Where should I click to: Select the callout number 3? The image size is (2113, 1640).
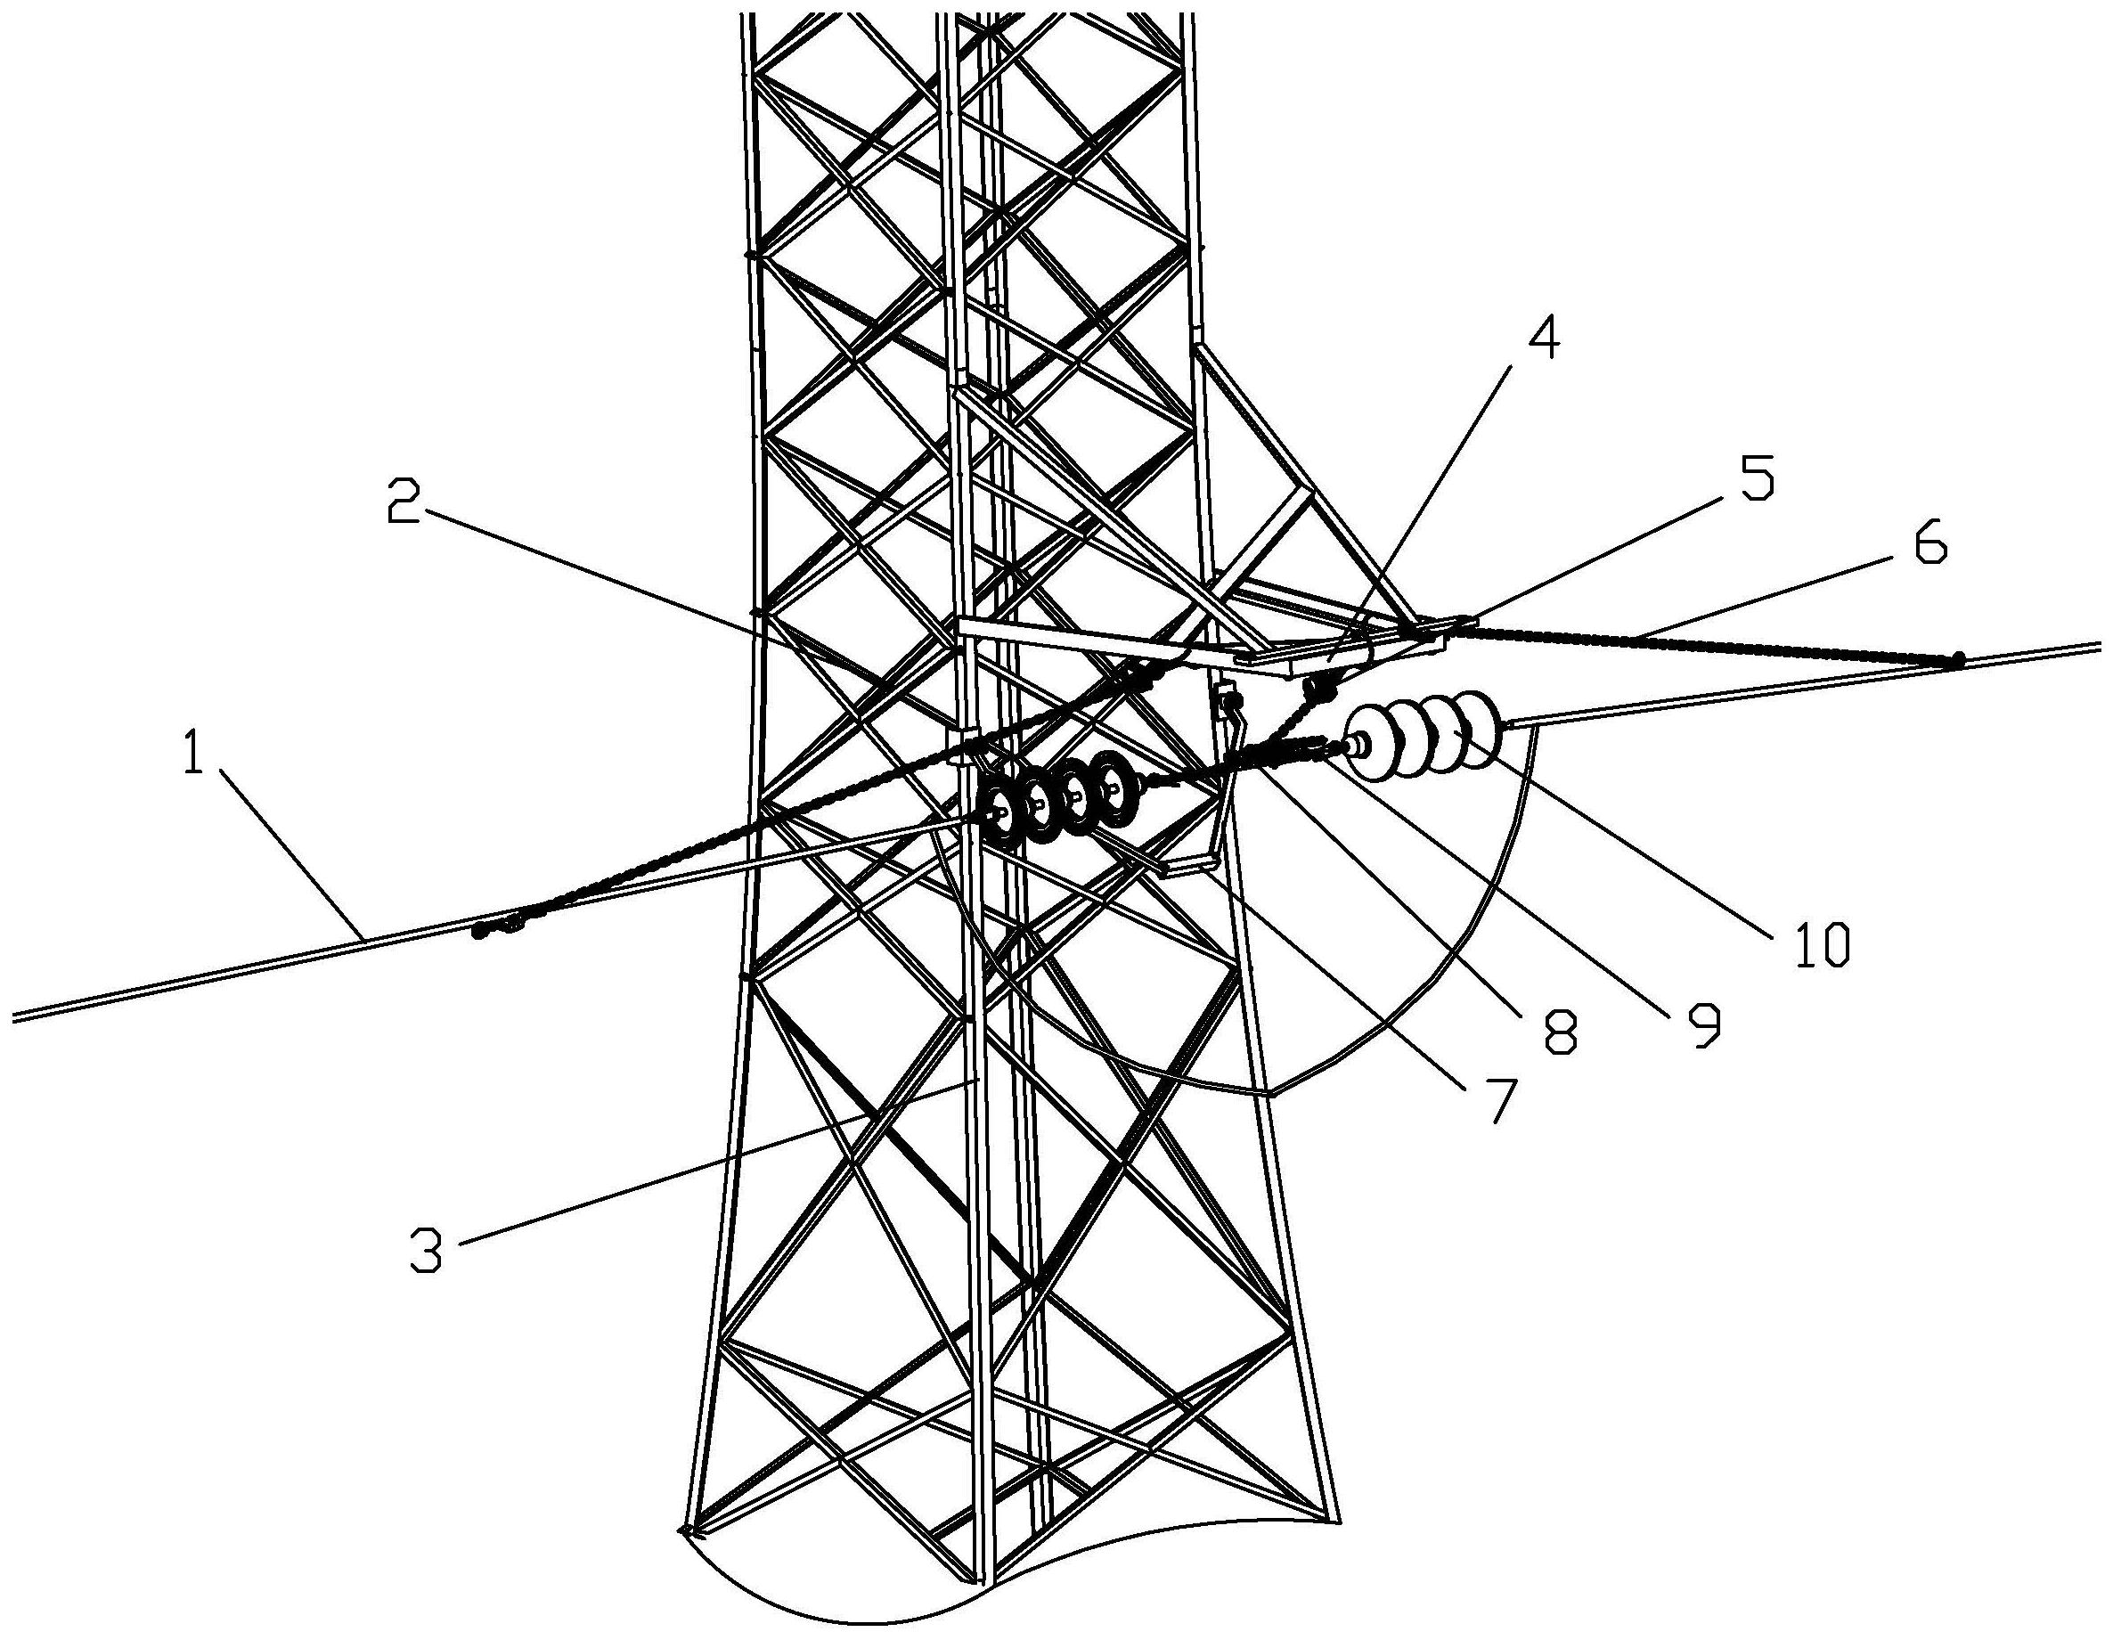[x=426, y=1250]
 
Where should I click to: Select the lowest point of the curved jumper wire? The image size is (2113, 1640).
[x=1269, y=1093]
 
